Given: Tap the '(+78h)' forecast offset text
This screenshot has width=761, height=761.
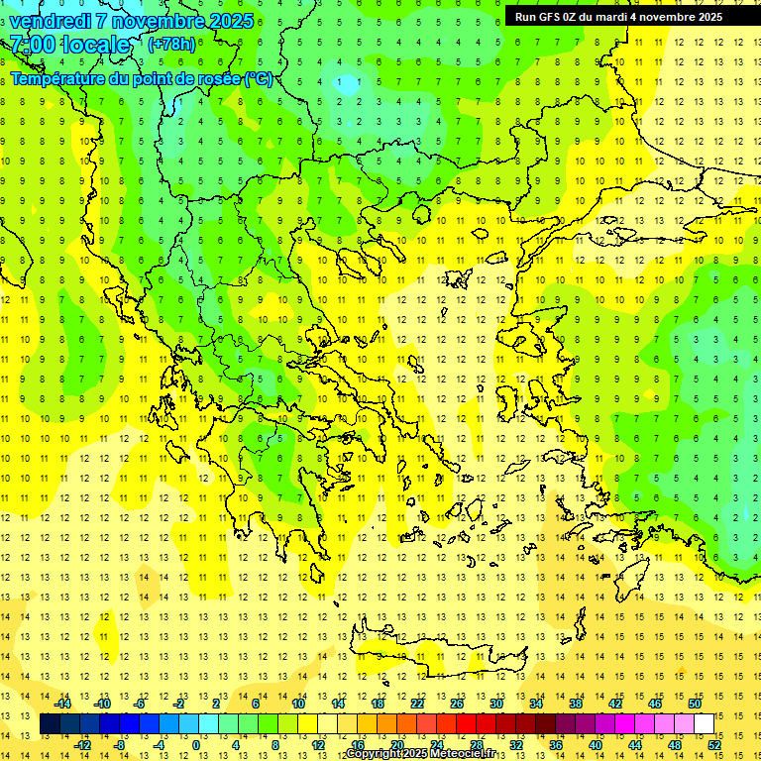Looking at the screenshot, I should click(x=171, y=44).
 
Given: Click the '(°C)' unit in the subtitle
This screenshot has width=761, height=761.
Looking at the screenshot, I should click(x=258, y=79).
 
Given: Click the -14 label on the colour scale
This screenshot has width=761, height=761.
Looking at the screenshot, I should click(x=63, y=704).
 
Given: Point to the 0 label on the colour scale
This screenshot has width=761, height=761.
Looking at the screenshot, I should click(x=195, y=745).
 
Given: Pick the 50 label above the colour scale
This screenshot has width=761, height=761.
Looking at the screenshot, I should click(x=695, y=704).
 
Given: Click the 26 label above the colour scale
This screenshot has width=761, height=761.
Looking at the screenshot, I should click(x=457, y=704).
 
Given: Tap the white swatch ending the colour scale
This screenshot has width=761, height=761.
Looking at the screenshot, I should click(x=705, y=724).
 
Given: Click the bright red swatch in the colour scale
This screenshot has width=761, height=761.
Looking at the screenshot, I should click(x=467, y=724).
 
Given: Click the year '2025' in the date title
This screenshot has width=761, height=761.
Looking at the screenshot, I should click(x=230, y=20).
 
